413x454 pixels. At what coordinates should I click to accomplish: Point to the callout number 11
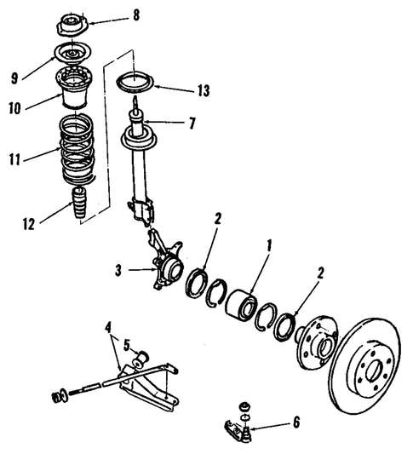coord(12,158)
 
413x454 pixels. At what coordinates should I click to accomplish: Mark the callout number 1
coord(271,247)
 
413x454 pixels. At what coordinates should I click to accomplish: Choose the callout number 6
coord(295,421)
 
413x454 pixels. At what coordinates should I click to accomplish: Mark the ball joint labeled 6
coord(244,424)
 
